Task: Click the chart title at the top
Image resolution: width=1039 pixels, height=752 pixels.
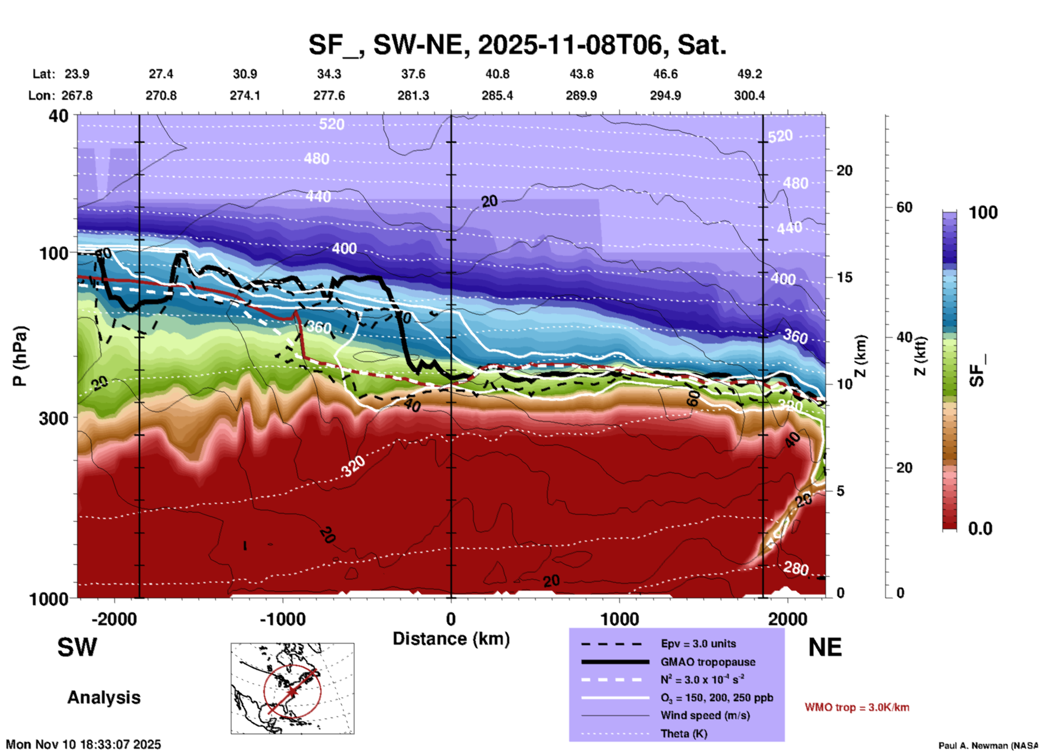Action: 517,45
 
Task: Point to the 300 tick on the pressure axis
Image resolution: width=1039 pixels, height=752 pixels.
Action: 53,418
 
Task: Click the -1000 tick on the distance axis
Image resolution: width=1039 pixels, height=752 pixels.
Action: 282,619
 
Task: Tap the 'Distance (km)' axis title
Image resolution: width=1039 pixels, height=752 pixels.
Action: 451,639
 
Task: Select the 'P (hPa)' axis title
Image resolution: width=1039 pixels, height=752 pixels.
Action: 20,356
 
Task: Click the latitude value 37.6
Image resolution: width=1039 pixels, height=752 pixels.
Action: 413,74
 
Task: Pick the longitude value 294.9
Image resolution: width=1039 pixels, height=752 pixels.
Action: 665,95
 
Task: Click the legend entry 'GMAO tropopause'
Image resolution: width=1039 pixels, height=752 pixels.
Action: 708,662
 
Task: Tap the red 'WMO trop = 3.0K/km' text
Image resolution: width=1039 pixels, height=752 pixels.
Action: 857,707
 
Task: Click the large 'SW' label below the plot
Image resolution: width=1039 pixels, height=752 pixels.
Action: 77,647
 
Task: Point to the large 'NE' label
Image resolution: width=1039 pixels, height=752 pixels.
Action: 825,647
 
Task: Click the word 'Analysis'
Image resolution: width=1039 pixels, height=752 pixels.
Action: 104,698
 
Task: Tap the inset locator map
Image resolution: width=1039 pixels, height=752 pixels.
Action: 292,688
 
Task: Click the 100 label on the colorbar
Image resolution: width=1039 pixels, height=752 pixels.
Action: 983,213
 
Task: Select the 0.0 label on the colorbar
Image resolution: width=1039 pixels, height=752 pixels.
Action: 980,528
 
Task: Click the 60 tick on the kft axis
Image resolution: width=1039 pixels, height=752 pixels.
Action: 904,207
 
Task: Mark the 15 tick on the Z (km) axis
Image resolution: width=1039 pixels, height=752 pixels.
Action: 844,277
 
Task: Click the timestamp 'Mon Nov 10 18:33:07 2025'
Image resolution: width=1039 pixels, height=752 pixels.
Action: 84,744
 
